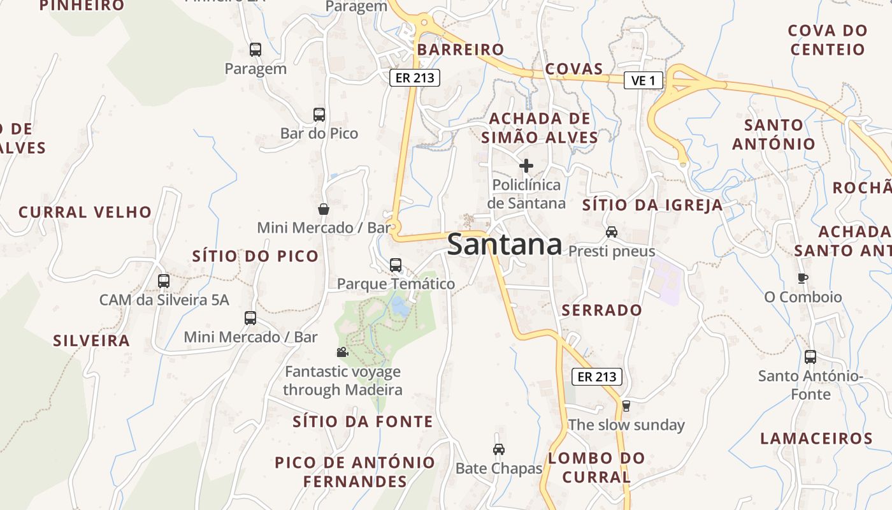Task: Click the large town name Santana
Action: [x=505, y=245]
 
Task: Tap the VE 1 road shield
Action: [x=644, y=80]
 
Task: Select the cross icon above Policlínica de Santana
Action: [x=526, y=166]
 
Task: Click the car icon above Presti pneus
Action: [x=612, y=232]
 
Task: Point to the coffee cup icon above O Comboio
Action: [x=803, y=278]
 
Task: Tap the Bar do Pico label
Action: [x=319, y=134]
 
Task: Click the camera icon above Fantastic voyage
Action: [x=342, y=352]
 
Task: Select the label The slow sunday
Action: [x=626, y=425]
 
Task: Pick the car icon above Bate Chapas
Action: [x=499, y=449]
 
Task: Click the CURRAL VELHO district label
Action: [x=85, y=212]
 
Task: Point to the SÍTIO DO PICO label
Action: [x=255, y=256]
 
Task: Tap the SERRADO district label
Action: [x=601, y=310]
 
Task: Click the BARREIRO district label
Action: [x=461, y=50]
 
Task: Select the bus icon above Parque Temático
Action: [x=396, y=265]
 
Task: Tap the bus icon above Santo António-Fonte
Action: [x=810, y=357]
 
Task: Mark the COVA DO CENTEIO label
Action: [x=828, y=40]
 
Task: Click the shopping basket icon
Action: [x=324, y=209]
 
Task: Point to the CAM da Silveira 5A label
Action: [x=164, y=300]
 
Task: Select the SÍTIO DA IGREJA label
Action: [x=653, y=205]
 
